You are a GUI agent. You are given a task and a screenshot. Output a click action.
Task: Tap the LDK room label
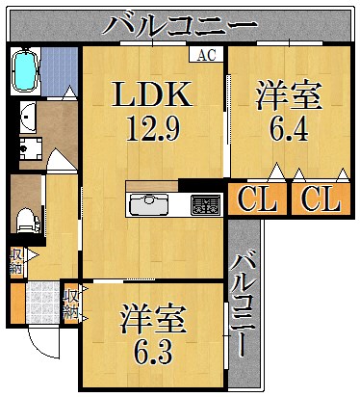tap(153, 95)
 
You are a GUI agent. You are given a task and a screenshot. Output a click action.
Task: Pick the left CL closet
tap(255, 199)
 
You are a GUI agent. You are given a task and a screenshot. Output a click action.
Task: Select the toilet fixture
tap(26, 218)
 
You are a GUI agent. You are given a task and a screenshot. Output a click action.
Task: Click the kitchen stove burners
tap(204, 204)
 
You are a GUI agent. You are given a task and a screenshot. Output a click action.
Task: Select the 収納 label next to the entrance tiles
tap(70, 303)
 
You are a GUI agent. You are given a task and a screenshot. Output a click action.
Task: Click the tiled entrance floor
tap(41, 302)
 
